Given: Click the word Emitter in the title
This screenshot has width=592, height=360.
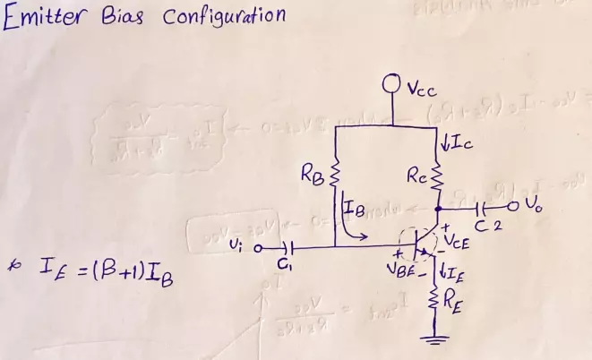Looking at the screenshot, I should pyautogui.click(x=47, y=19).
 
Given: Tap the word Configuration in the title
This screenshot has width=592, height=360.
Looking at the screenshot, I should pyautogui.click(x=224, y=17).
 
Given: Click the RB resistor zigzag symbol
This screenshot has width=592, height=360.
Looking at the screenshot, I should pyautogui.click(x=335, y=171).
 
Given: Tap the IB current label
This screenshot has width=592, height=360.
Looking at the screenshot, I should pyautogui.click(x=353, y=211).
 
